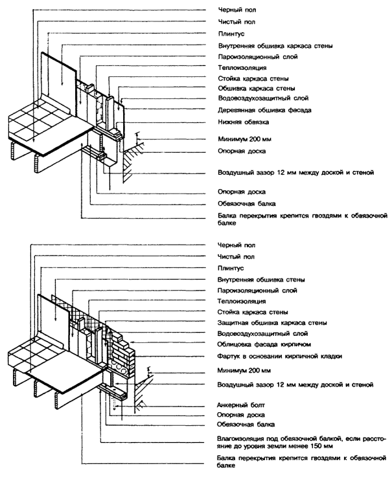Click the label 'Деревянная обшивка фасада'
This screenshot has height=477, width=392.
[x=257, y=109]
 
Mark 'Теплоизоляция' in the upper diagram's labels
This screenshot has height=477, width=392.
[x=237, y=67]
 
